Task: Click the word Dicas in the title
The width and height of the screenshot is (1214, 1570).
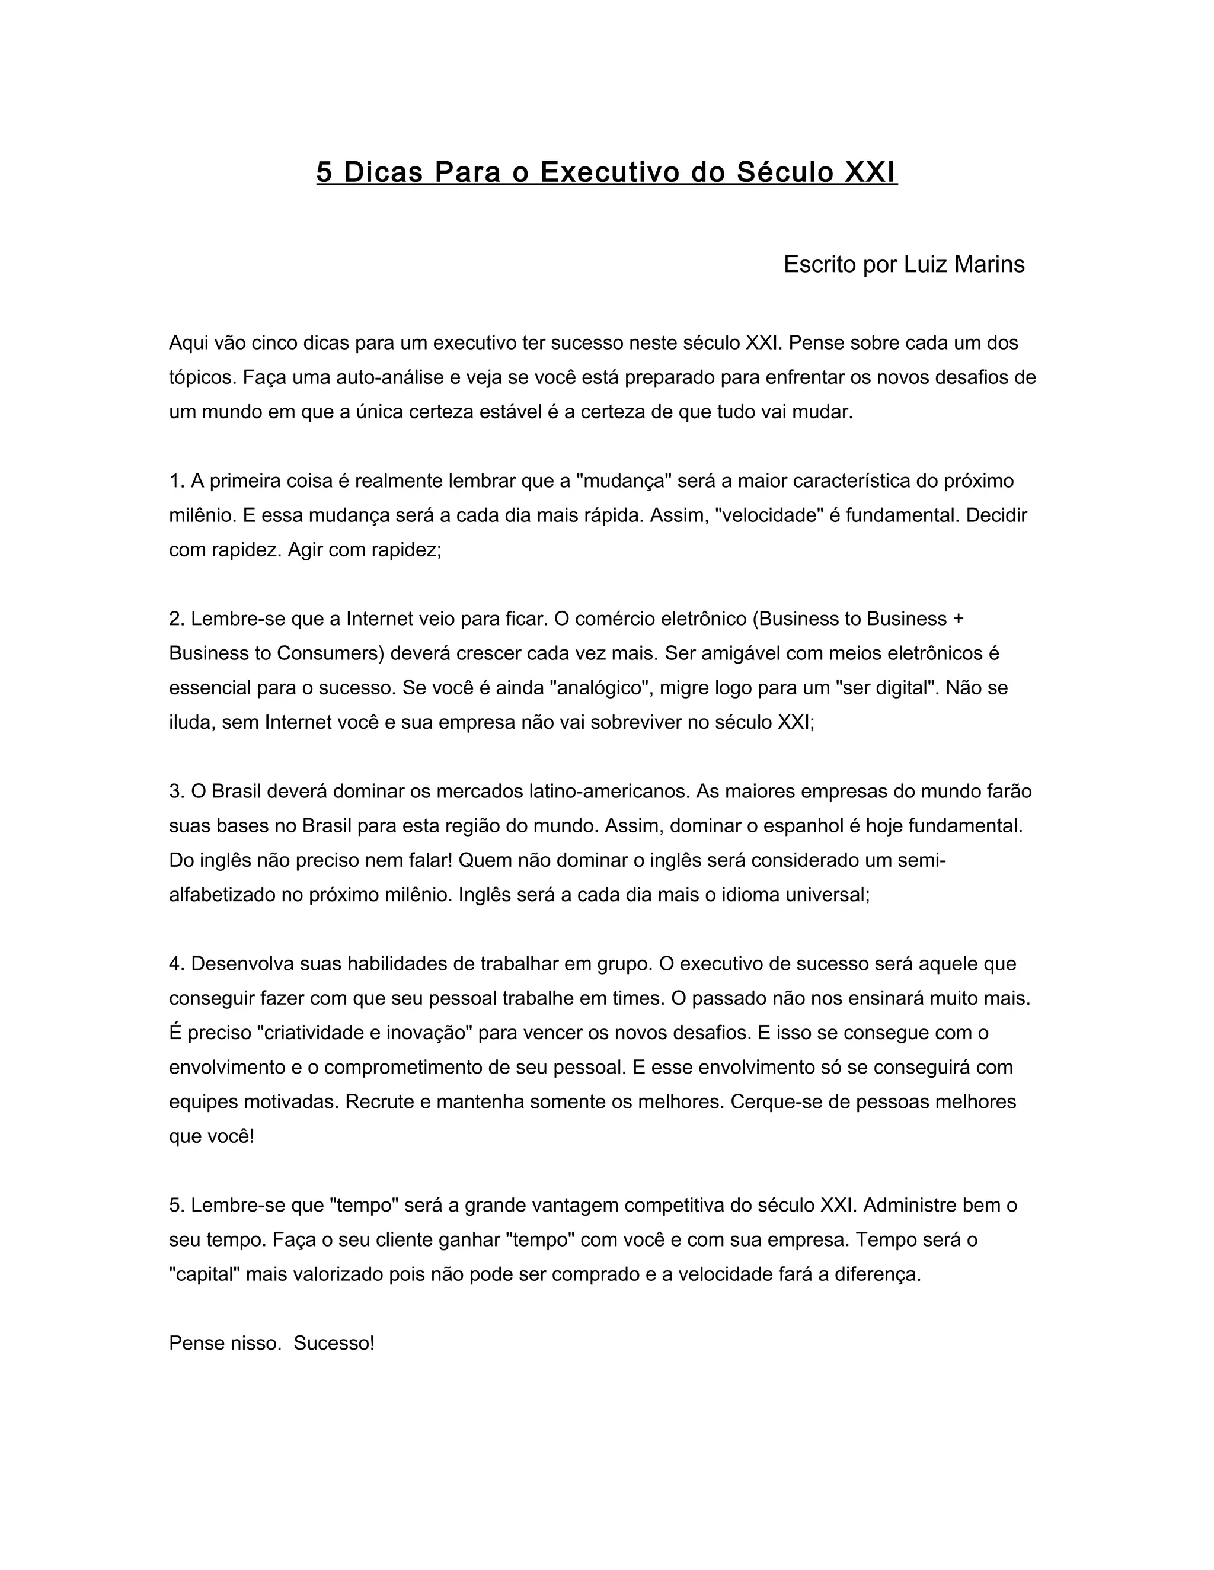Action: click(x=384, y=172)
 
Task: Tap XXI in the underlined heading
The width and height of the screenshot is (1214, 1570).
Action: click(x=870, y=172)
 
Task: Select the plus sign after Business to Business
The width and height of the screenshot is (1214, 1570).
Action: click(x=957, y=619)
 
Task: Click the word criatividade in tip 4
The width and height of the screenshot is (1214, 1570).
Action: click(x=314, y=1033)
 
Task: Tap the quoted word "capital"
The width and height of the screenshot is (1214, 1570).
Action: click(x=205, y=1274)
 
